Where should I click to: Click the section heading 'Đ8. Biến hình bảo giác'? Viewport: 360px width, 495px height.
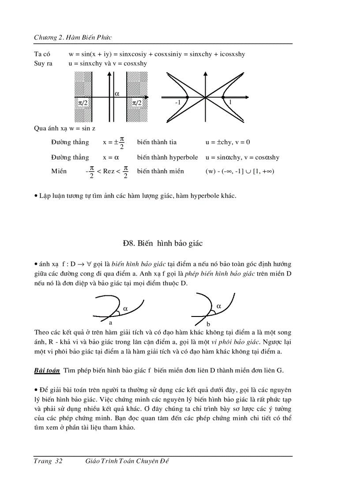tap(162, 243)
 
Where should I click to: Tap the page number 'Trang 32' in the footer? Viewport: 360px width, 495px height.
tap(48, 461)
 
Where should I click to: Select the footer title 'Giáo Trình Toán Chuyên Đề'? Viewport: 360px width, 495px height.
tap(127, 461)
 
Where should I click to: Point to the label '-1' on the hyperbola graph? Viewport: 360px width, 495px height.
tap(178, 102)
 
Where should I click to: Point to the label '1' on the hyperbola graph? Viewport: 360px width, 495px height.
tap(230, 102)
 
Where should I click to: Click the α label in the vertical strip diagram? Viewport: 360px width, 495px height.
tap(117, 93)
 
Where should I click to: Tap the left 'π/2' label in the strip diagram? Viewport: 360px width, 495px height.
tap(84, 103)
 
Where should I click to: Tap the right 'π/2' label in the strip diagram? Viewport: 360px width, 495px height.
tap(137, 103)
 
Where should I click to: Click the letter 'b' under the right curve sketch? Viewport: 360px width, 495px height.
tap(208, 324)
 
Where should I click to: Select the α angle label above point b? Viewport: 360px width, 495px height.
tap(219, 305)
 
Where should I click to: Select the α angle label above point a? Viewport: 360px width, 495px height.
tap(125, 309)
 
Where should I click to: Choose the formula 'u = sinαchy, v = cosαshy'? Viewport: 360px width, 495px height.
tap(242, 157)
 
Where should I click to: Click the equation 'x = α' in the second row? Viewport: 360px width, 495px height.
tap(111, 157)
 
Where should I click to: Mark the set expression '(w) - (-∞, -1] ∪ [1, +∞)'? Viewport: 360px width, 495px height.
tap(240, 171)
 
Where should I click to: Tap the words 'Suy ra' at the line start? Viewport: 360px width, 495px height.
tap(43, 63)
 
